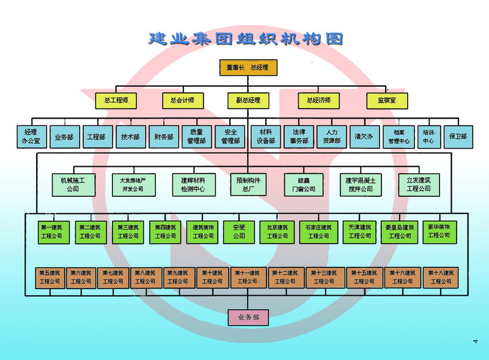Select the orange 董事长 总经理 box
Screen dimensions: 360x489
(x=248, y=67)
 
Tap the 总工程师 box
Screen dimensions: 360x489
(x=116, y=100)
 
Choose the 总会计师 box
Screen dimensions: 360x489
(x=182, y=100)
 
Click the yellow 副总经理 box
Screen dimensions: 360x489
(x=248, y=100)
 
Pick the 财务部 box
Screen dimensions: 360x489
(x=164, y=137)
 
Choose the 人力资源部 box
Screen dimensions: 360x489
(x=332, y=136)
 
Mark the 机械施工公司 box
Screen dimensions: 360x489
(x=73, y=184)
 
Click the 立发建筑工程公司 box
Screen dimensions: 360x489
(x=419, y=184)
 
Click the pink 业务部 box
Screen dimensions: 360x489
(x=248, y=318)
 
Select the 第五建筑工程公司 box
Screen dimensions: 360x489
(x=50, y=277)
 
